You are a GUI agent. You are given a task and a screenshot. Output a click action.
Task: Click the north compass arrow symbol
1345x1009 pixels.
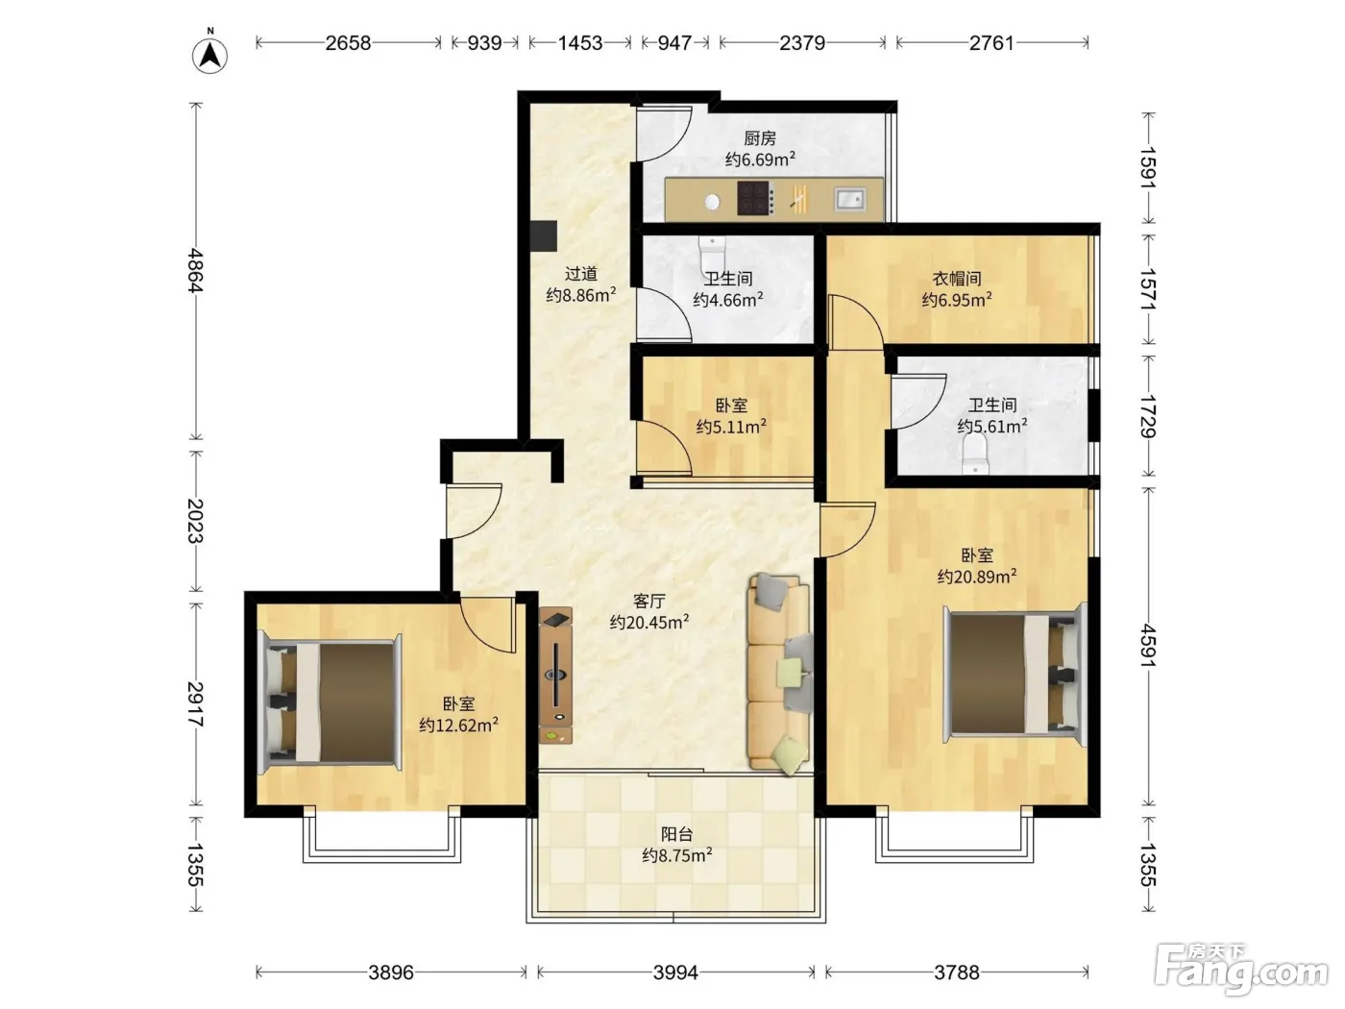pos(209,56)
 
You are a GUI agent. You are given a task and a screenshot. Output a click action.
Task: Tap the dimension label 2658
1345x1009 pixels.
pos(348,43)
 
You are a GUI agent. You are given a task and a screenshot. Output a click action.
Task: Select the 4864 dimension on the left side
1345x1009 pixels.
pos(195,270)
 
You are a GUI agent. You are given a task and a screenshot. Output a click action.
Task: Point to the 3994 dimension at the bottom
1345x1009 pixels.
pos(675,972)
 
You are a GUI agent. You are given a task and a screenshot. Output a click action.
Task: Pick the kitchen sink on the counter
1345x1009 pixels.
pos(850,199)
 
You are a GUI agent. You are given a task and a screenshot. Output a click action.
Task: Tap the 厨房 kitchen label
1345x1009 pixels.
pos(760,138)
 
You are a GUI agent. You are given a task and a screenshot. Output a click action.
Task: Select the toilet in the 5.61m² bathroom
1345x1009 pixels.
pos(975,454)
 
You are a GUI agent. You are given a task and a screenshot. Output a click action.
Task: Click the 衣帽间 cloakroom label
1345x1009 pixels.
pos(957,279)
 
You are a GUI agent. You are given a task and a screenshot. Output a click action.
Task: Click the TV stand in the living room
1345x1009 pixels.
pos(555,676)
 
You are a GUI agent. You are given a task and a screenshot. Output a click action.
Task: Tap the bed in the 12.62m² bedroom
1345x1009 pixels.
pos(330,701)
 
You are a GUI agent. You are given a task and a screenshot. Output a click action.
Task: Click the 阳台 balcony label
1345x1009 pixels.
pos(677,834)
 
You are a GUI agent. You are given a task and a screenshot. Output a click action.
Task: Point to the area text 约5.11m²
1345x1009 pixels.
pos(731,427)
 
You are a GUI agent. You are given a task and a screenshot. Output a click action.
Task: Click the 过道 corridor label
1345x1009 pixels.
pos(581,274)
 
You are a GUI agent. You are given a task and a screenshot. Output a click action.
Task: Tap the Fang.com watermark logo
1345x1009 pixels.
pos(1241,970)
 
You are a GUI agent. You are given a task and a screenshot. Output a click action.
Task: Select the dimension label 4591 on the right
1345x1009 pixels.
pos(1148,647)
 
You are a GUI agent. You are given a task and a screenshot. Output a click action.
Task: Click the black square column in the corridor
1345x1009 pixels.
pos(543,235)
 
